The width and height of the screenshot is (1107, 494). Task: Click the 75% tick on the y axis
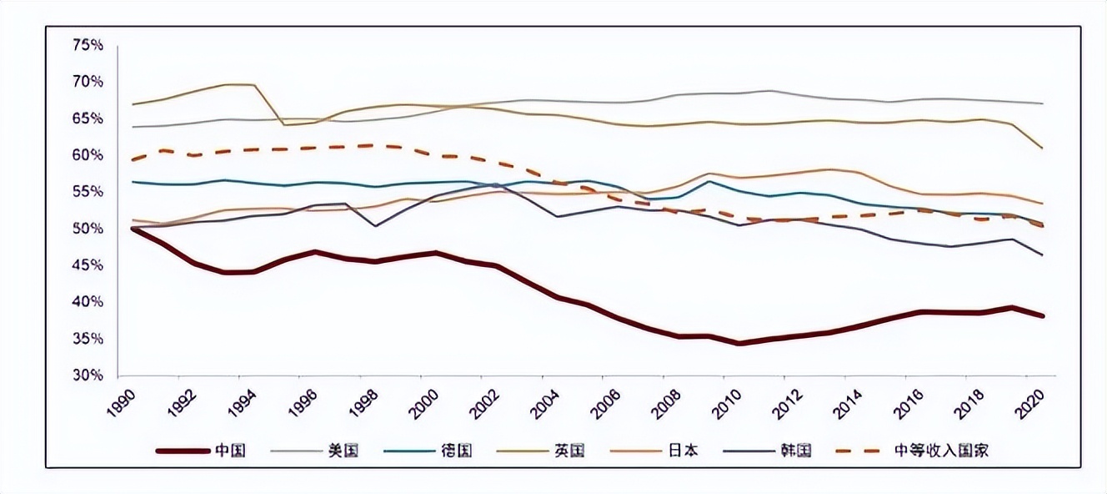point(88,45)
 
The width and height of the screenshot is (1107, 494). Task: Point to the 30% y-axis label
point(88,376)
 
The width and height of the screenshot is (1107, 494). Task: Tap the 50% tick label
point(88,229)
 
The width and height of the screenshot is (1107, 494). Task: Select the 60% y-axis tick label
point(88,155)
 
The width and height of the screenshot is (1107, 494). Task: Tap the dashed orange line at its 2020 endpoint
point(1043,226)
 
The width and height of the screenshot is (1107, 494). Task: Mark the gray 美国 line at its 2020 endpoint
point(1043,103)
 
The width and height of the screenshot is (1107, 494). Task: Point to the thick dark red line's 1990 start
point(133,228)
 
